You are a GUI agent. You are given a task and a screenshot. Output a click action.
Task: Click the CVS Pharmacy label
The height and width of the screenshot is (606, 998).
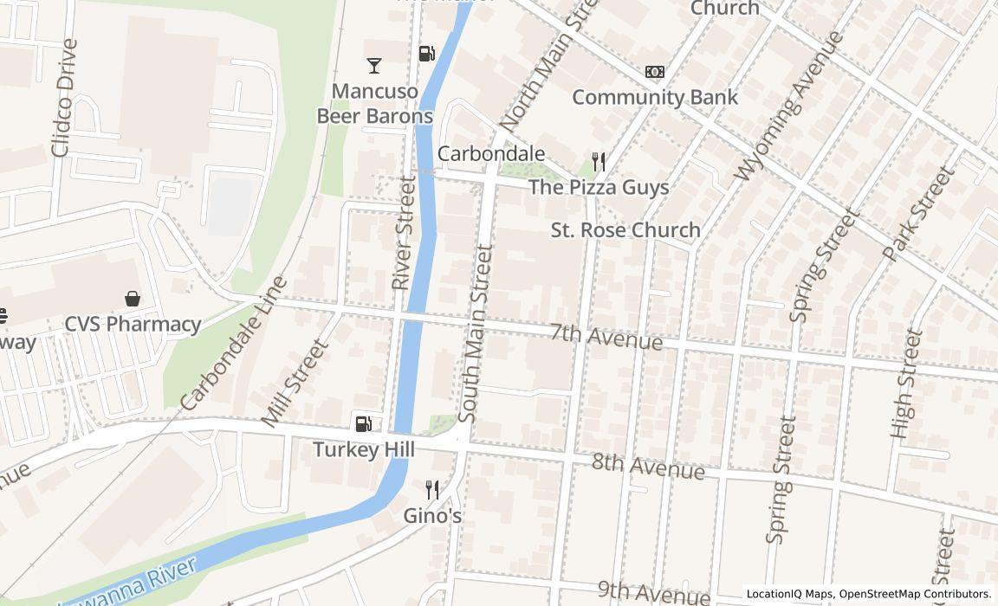133,324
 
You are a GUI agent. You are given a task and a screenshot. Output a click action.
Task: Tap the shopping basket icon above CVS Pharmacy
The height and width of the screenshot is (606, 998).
133,299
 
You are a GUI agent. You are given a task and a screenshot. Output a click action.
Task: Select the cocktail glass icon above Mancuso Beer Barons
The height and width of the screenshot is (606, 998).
373,66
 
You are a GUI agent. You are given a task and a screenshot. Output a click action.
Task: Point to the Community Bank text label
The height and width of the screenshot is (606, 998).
655,96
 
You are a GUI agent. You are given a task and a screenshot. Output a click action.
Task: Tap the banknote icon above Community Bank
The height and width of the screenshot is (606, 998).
655,72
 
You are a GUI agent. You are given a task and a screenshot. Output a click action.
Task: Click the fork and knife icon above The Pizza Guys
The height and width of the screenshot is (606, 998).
598,161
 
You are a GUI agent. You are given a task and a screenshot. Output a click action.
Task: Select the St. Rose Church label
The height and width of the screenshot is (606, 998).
625,229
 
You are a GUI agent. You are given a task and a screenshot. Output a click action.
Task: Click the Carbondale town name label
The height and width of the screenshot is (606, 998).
491,153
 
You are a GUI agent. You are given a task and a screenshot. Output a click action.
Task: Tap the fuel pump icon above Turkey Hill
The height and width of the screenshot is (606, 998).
364,423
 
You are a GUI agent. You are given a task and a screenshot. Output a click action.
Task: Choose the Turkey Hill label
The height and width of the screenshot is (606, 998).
364,449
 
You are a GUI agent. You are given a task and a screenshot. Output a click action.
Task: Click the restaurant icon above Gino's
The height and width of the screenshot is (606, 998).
432,490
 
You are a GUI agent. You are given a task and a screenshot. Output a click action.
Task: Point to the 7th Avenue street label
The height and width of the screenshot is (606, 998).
606,336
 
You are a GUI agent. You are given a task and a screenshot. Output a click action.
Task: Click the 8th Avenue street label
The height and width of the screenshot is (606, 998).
648,465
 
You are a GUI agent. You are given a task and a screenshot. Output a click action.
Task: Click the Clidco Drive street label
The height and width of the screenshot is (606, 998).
64,98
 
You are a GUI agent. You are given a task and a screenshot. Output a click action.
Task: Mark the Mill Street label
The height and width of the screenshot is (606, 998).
295,383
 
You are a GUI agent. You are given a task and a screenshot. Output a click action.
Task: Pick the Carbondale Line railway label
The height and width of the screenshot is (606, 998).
234,343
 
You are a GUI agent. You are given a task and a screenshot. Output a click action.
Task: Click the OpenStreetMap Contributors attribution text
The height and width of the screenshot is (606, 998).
915,594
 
